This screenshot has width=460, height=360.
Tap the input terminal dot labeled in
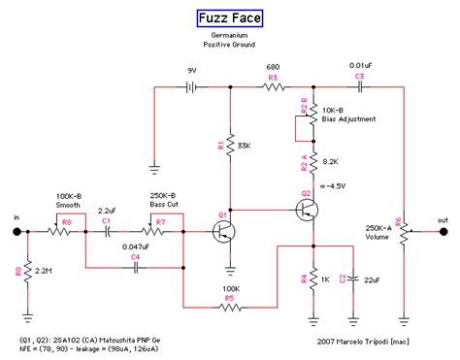tap(18, 232)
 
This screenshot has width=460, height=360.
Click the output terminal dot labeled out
tap(444, 232)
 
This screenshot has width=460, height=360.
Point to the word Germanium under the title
tap(230, 35)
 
